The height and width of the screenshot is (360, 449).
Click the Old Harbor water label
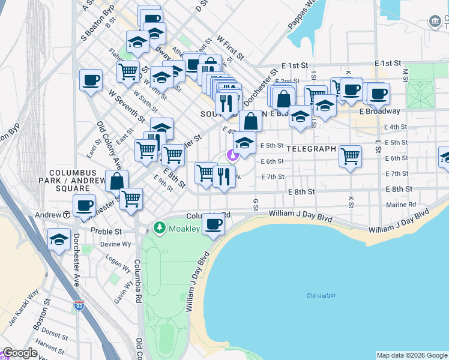pyautogui.click(x=321, y=296)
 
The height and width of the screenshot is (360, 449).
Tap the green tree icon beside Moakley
pyautogui.click(x=159, y=227)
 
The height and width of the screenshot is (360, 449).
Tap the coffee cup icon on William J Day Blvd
pyautogui.click(x=214, y=224)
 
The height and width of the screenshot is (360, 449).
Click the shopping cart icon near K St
pyautogui.click(x=350, y=156)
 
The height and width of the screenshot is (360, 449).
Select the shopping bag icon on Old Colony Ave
pyautogui.click(x=116, y=180)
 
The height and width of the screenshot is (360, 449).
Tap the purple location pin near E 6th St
pyautogui.click(x=233, y=155)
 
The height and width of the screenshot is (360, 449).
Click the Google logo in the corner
pyautogui.click(x=20, y=353)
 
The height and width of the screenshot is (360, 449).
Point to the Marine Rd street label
pyautogui.click(x=402, y=204)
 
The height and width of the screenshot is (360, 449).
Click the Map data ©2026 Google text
pyautogui.click(x=411, y=355)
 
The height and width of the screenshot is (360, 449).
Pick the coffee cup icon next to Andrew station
pyautogui.click(x=84, y=205)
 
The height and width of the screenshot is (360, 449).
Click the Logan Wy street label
pyautogui.click(x=118, y=264)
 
